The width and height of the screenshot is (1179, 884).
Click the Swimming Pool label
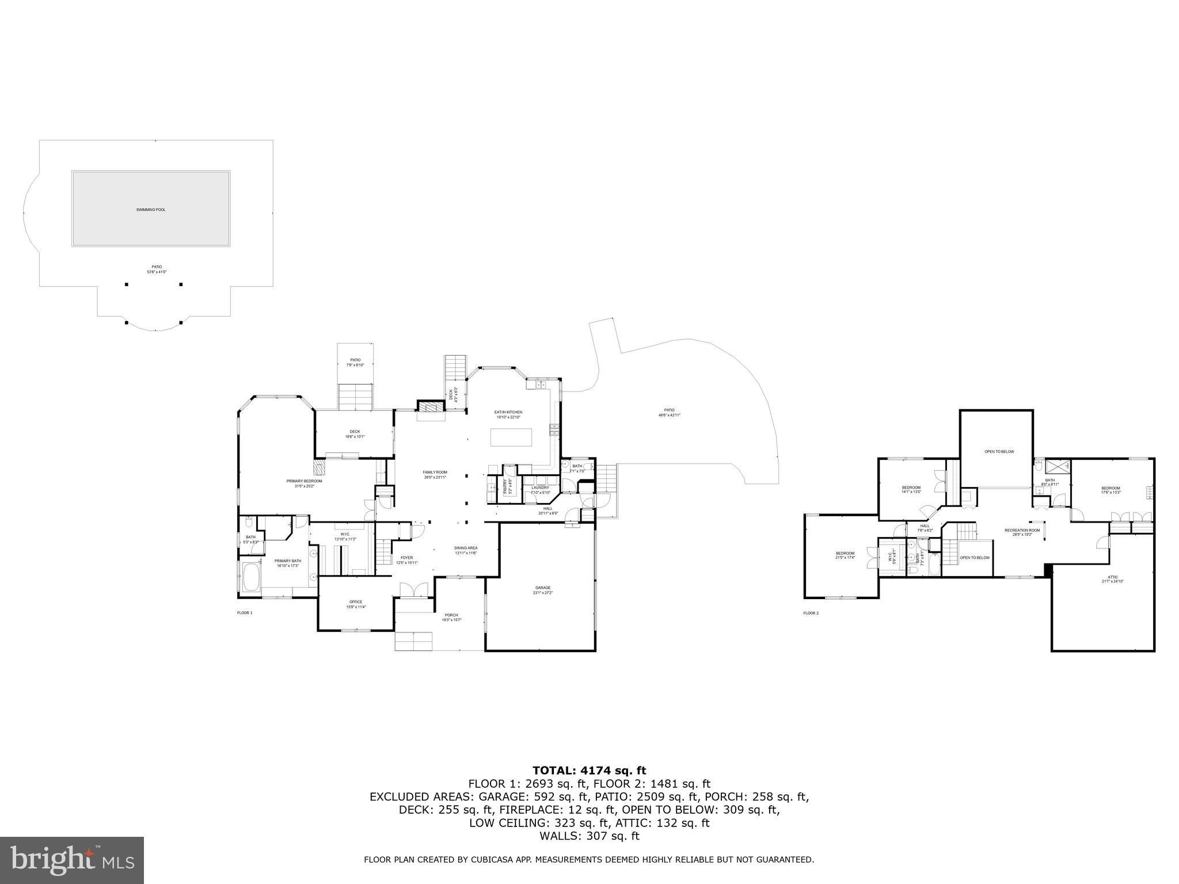[x=151, y=209]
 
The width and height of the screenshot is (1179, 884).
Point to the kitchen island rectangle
[x=511, y=437]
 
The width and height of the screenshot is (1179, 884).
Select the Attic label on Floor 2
[x=1112, y=579]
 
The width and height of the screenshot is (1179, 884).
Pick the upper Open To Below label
[x=999, y=452]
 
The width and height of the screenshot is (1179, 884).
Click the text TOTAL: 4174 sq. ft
[x=589, y=771]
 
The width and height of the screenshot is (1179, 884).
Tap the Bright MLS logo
[x=72, y=860]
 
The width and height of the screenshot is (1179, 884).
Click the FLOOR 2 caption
[x=811, y=614]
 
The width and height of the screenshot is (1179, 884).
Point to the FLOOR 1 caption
[x=245, y=613]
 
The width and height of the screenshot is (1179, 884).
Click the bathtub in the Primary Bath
[x=252, y=578]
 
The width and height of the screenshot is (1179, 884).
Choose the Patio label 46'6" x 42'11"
[x=669, y=412]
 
